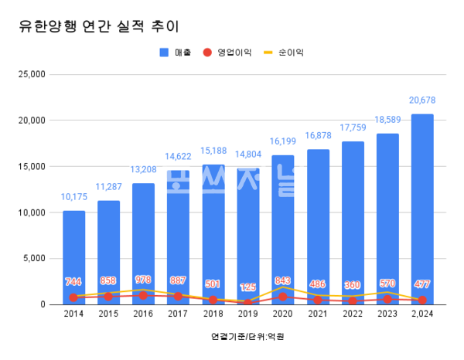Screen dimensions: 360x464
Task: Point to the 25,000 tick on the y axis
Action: [x=32, y=74]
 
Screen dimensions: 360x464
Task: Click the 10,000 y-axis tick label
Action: [x=32, y=212]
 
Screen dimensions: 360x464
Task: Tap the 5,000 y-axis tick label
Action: [x=34, y=259]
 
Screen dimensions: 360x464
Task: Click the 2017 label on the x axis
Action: [x=178, y=314]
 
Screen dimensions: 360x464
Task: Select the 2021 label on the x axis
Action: [x=318, y=314]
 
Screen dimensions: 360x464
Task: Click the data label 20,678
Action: [x=422, y=100]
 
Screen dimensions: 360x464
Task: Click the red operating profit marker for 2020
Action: [x=283, y=297]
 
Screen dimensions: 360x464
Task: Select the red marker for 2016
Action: [x=143, y=295]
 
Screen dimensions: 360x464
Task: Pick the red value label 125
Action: [x=248, y=287]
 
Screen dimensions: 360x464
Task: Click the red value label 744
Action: [x=73, y=282]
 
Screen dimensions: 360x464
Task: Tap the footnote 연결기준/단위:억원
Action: [x=241, y=337]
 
